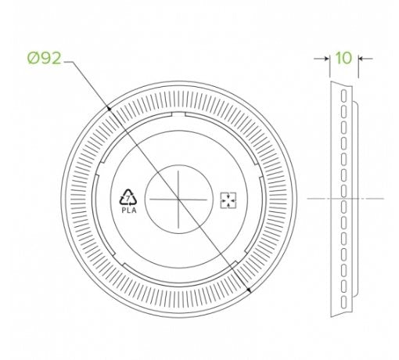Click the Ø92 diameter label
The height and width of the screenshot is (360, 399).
click(x=45, y=58)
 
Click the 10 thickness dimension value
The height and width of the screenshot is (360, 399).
click(x=343, y=58)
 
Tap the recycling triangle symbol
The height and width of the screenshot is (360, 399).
click(x=128, y=197)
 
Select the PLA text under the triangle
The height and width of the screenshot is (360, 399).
click(x=129, y=211)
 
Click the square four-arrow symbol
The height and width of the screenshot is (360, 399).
click(x=228, y=200)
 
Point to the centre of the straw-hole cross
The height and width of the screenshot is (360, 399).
click(x=178, y=200)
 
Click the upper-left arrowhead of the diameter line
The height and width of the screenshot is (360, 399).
click(x=110, y=109)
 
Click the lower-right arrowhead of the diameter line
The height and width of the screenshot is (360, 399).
click(x=249, y=290)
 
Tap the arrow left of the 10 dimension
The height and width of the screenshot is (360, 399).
click(x=322, y=59)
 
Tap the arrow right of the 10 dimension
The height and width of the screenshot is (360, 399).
click(x=365, y=59)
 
